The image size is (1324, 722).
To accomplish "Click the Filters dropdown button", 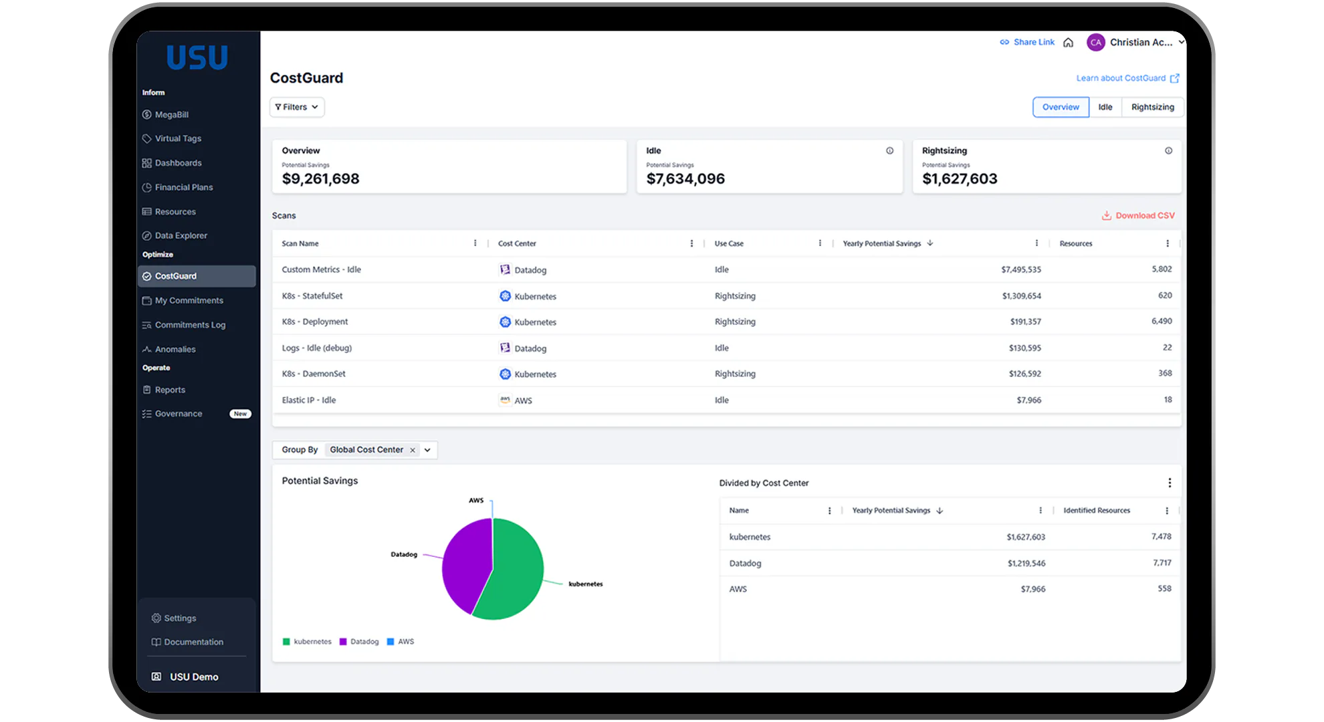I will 297,107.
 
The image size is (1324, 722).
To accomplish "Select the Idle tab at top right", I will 1105,107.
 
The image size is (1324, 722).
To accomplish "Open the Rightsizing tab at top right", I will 1152,107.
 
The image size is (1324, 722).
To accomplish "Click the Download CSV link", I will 1138,215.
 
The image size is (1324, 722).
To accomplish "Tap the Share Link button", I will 1027,42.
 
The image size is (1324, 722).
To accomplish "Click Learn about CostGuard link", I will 1127,78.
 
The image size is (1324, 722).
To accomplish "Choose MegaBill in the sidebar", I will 171,114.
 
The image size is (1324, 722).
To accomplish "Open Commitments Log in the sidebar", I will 190,325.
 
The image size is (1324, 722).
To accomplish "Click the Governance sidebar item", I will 178,414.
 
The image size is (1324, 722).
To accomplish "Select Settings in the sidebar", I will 180,618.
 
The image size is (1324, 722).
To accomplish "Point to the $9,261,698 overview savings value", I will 320,178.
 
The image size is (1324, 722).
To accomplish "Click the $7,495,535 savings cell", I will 1020,269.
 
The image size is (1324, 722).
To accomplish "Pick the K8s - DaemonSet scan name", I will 314,374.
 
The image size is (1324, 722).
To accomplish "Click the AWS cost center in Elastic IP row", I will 522,400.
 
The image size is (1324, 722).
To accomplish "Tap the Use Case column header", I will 729,243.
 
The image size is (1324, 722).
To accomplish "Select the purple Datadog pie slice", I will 465,562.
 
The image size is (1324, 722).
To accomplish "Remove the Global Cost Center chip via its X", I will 413,450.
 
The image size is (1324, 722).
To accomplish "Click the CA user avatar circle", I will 1095,42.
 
